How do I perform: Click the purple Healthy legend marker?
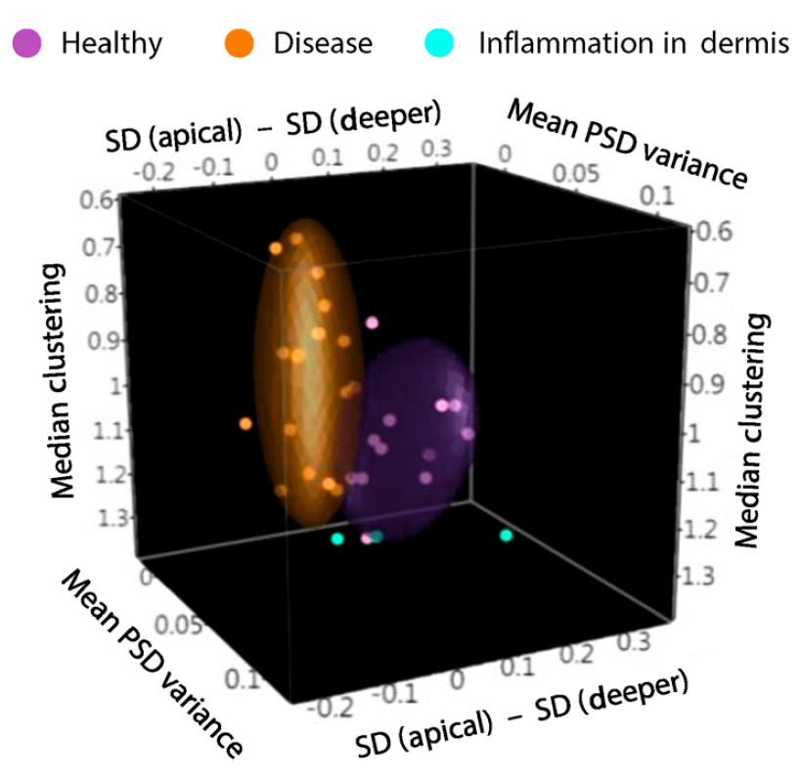27,42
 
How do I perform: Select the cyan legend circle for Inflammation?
439,42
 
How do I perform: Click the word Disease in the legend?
323,43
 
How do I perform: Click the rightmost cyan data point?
506,535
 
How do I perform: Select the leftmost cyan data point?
337,539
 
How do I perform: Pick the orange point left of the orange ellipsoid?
245,423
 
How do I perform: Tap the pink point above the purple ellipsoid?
372,322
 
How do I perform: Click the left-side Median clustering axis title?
65,379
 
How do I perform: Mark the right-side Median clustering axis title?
753,430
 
